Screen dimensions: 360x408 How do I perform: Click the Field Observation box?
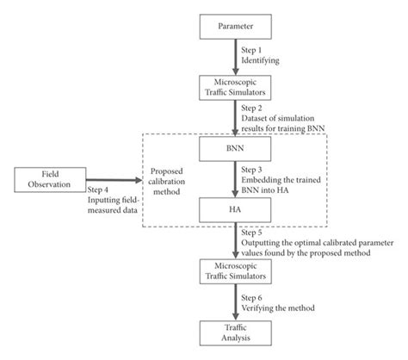51,179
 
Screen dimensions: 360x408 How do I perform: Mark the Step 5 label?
255,233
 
